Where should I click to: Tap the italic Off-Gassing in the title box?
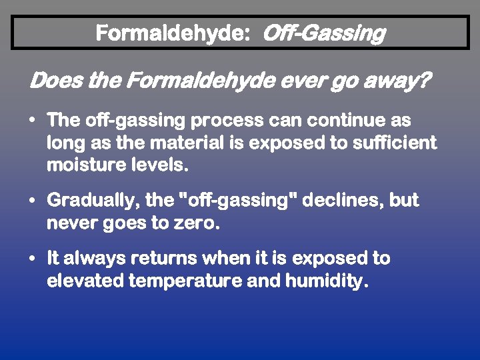[x=324, y=33]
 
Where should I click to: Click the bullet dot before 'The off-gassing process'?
[x=33, y=121]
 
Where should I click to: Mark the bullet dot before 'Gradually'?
[x=33, y=201]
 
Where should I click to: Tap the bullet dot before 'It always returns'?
[x=33, y=258]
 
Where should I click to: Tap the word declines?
[x=341, y=201]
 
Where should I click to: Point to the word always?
[x=97, y=258]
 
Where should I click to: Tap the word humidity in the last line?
[x=325, y=281]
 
